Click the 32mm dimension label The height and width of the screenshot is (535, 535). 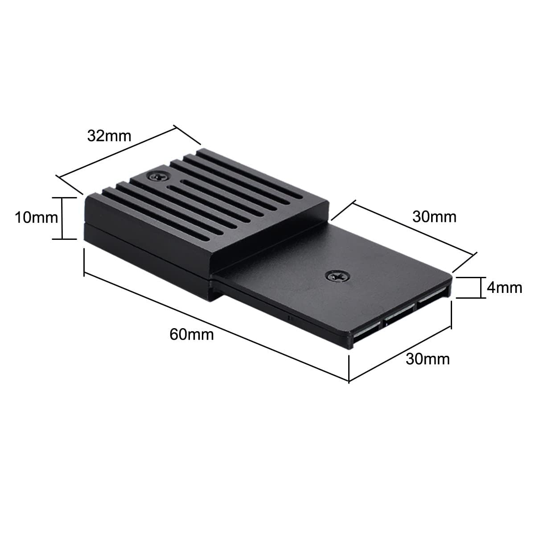(109, 136)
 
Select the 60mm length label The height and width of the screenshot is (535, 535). (192, 334)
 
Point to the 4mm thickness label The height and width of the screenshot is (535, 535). (504, 288)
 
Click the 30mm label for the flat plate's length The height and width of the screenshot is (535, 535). (434, 217)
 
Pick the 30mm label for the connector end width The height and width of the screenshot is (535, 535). (428, 358)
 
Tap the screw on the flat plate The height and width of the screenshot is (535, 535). (337, 276)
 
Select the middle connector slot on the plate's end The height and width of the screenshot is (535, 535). (398, 318)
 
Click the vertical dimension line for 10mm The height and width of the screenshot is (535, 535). (63, 218)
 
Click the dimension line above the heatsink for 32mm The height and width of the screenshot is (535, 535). (116, 152)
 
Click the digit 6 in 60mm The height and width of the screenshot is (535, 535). (174, 334)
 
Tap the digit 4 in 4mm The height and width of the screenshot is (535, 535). (491, 288)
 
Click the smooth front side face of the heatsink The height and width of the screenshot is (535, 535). (147, 250)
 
